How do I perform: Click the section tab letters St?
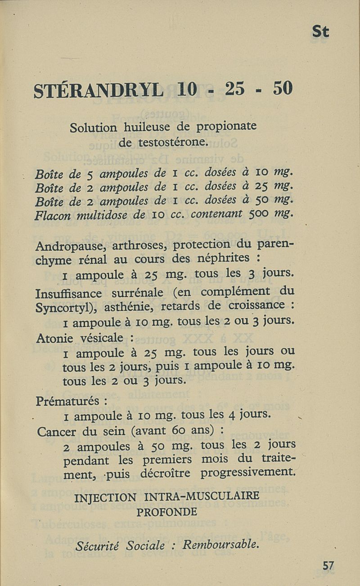point(320,32)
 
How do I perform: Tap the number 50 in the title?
point(282,88)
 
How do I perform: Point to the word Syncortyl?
point(67,309)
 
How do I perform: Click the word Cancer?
point(57,432)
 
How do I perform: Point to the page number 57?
point(328,565)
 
